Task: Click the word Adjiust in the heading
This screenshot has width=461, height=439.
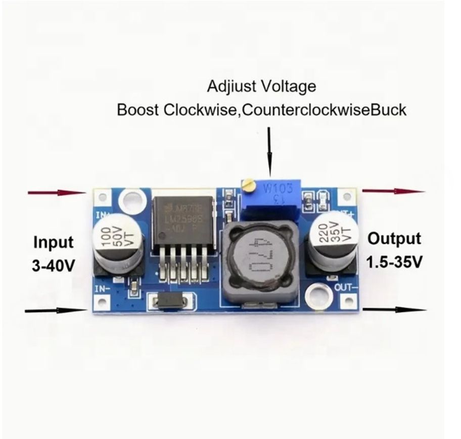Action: click(229, 86)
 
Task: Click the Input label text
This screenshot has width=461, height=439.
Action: click(53, 242)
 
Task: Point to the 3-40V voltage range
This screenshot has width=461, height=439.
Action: click(53, 265)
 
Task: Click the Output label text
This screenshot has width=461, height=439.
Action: click(394, 239)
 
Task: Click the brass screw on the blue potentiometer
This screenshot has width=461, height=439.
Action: click(248, 186)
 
